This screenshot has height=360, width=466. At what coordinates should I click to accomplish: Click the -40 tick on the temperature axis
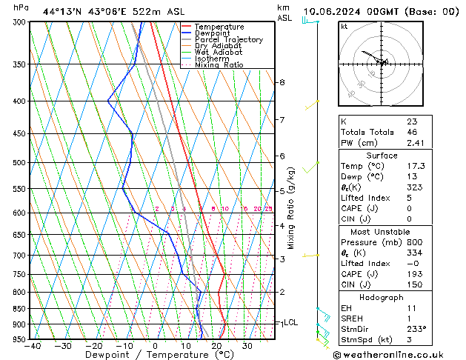(x=32, y=346)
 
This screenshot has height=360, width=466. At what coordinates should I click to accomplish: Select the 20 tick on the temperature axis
(x=216, y=346)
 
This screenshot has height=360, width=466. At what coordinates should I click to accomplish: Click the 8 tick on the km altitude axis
(x=282, y=82)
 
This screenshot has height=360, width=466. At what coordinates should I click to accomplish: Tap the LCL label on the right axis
(x=290, y=323)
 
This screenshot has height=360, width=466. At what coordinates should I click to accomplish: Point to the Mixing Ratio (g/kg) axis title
(x=292, y=208)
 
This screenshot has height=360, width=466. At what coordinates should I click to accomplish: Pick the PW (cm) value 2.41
(x=415, y=144)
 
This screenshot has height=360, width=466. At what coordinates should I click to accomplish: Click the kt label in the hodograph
(x=344, y=27)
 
